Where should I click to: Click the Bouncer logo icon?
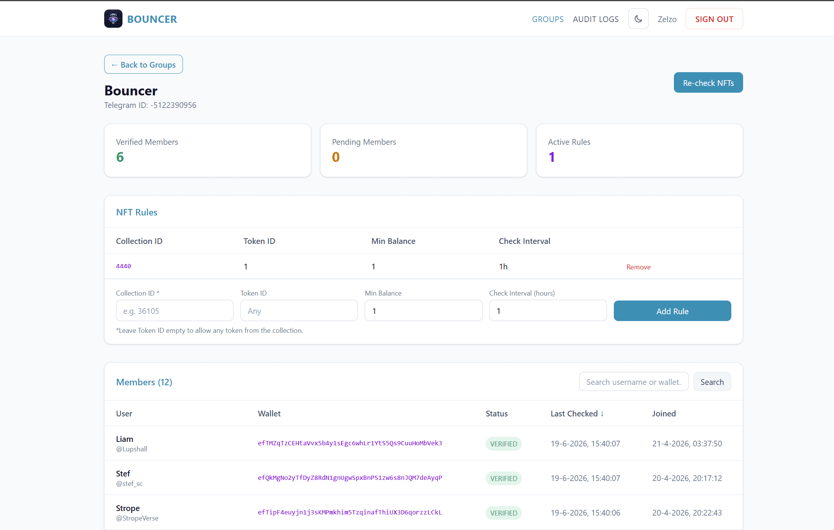[x=113, y=19]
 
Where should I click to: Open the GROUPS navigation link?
[x=548, y=19]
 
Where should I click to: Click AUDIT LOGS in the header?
[x=596, y=19]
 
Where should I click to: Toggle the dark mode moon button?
[x=638, y=19]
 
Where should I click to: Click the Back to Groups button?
[x=143, y=64]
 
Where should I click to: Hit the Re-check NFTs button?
[x=708, y=82]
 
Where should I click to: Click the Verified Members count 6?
[x=120, y=157]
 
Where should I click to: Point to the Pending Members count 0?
[x=336, y=157]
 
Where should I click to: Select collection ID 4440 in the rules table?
[x=124, y=266]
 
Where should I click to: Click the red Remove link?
[x=639, y=267]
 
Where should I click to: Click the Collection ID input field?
[x=175, y=310]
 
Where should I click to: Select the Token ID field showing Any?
[x=299, y=310]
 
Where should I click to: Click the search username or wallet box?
[x=634, y=381]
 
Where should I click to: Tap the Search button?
[x=712, y=381]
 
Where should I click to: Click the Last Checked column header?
[x=577, y=413]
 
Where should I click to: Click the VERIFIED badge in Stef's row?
[x=504, y=478]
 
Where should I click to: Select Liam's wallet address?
[x=350, y=443]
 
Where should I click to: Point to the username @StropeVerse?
[x=137, y=518]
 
